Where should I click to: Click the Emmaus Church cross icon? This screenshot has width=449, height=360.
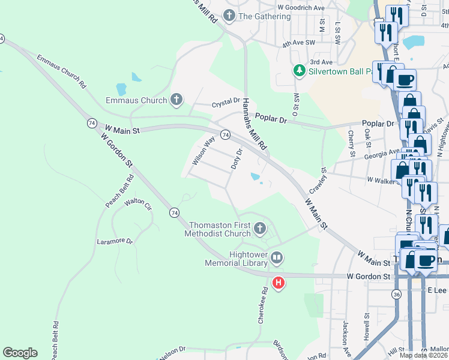coord(176,100)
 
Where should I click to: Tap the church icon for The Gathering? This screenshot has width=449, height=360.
coord(229,16)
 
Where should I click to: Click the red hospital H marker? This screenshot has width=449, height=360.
coord(278,283)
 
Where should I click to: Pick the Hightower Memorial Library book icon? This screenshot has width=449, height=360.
coord(277,258)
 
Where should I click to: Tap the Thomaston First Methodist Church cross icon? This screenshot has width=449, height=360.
coord(259,228)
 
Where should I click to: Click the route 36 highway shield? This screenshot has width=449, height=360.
coord(396,295)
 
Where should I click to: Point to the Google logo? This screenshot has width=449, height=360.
coord(20,353)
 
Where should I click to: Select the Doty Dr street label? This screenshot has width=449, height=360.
coord(237,158)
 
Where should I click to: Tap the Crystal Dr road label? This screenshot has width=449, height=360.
coord(226,104)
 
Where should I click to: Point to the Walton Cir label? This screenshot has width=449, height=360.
coord(138,203)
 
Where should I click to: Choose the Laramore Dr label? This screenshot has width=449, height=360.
coord(115,241)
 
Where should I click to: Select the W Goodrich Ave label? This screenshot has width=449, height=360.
coord(301,7)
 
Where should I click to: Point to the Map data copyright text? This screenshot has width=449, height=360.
coord(423,355)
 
